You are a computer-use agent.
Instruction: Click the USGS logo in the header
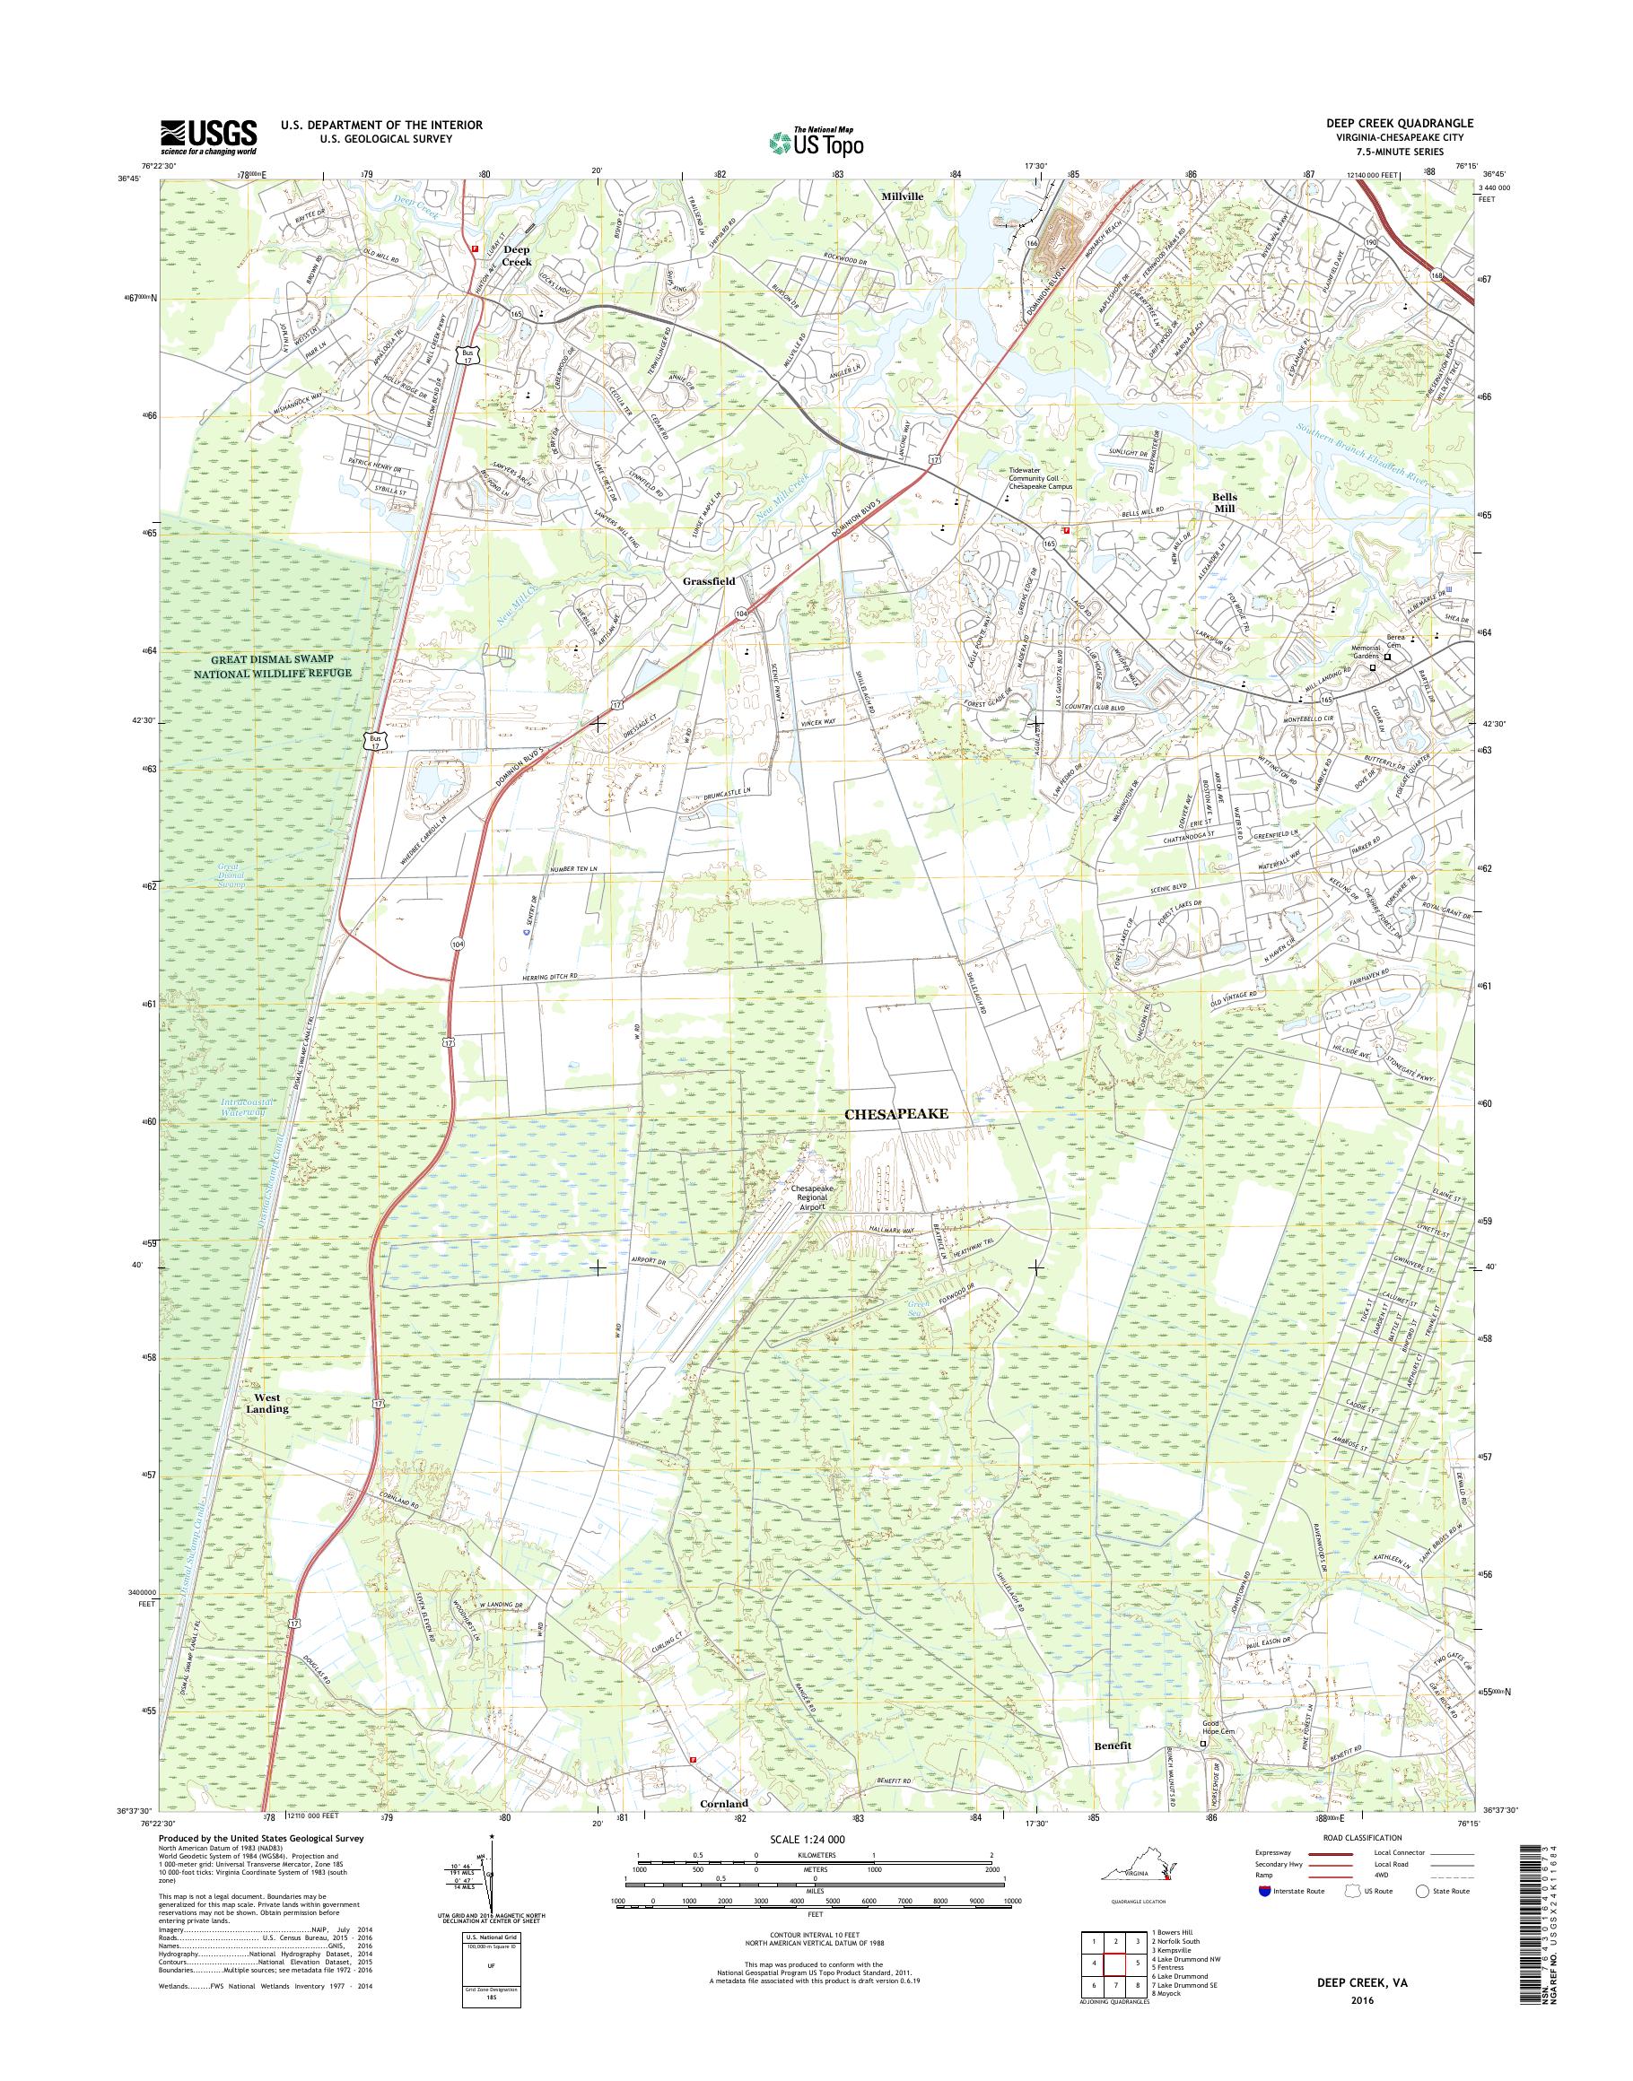tap(208, 136)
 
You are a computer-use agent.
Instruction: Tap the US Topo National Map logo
tap(816, 141)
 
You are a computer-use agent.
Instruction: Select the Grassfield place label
tap(709, 580)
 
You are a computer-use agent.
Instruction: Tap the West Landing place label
tap(266, 1403)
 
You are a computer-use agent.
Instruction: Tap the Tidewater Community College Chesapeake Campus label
tap(1041, 480)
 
